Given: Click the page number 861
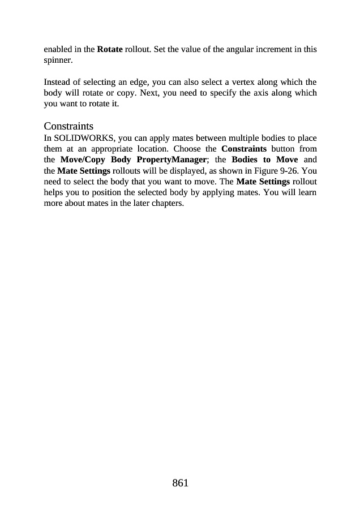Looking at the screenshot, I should [179, 483].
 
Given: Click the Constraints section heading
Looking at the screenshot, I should [68, 126].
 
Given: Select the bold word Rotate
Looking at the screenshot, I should [110, 49].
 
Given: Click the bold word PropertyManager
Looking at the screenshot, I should [172, 160].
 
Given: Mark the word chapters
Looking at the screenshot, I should [168, 203].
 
